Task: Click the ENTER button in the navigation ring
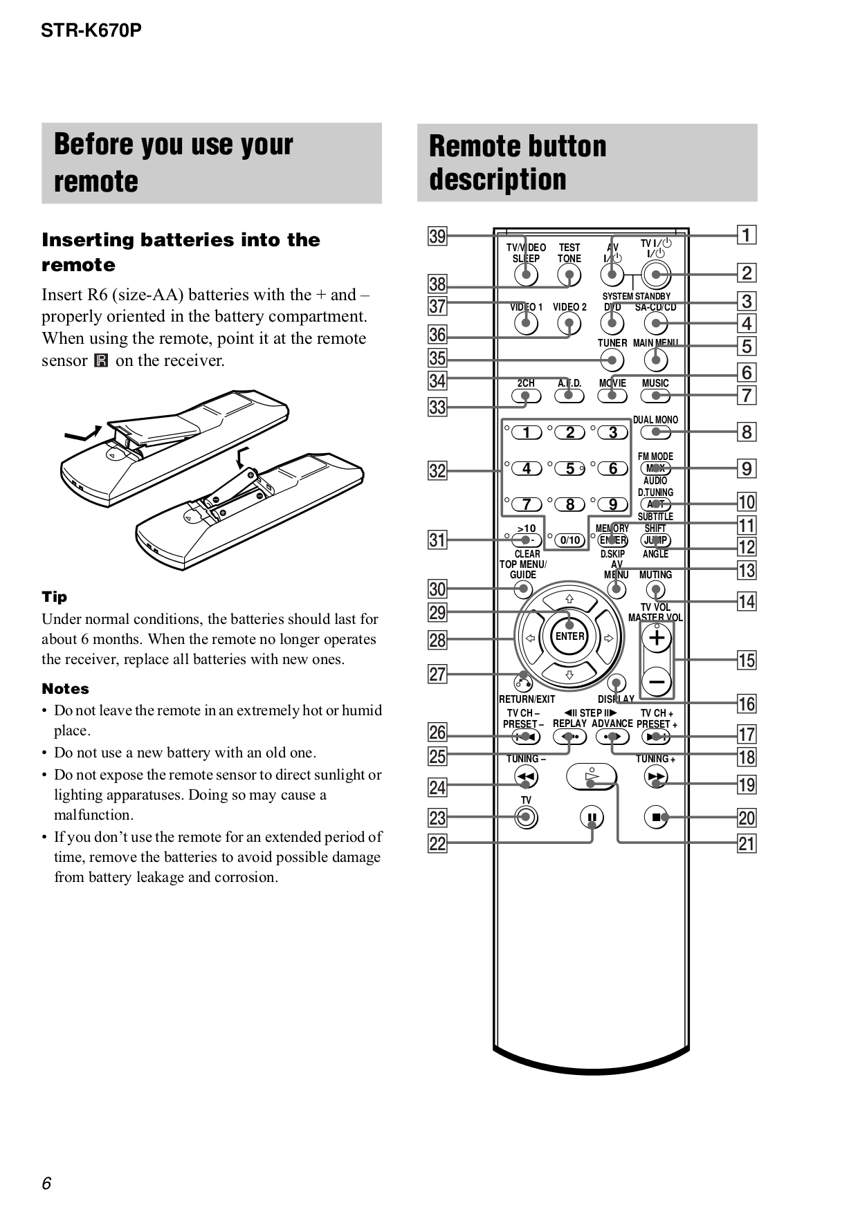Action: (569, 636)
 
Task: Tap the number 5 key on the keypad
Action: (569, 469)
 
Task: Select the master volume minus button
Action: (657, 682)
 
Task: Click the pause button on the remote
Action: (592, 818)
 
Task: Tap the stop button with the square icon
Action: (656, 818)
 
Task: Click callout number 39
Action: (437, 236)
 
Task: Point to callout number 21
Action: (747, 843)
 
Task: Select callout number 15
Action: (747, 660)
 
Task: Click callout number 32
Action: (437, 471)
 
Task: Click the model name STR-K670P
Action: (91, 30)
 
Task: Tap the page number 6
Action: (46, 1184)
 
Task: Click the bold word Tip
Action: (55, 597)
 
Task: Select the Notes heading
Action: (65, 689)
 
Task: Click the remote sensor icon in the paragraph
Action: (101, 360)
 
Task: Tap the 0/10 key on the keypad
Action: (570, 540)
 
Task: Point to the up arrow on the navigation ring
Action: (569, 599)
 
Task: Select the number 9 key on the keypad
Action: (612, 505)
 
